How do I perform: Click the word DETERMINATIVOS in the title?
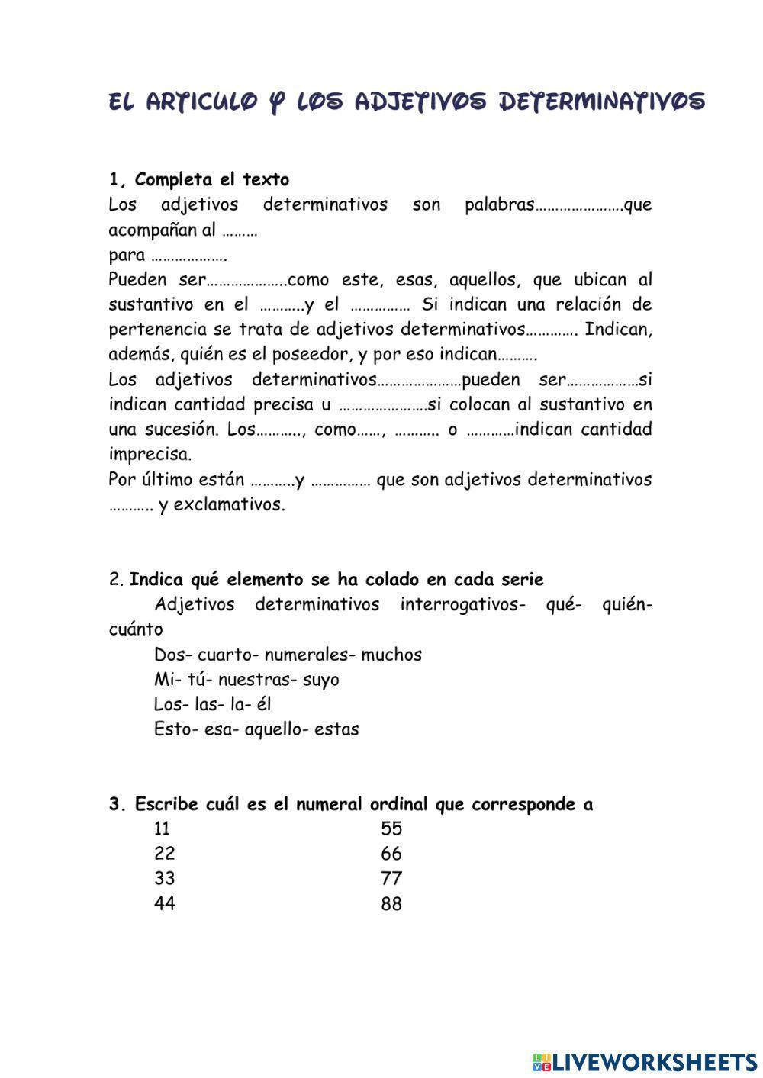pyautogui.click(x=601, y=101)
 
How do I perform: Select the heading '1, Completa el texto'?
pyautogui.click(x=199, y=180)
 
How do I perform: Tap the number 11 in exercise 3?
pyautogui.click(x=162, y=829)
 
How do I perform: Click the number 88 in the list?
pyautogui.click(x=391, y=904)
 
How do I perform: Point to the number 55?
pyautogui.click(x=391, y=829)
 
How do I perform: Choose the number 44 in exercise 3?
pyautogui.click(x=164, y=904)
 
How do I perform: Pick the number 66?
pyautogui.click(x=391, y=854)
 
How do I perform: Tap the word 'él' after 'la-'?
pyautogui.click(x=263, y=704)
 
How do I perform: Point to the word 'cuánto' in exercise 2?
pyautogui.click(x=135, y=629)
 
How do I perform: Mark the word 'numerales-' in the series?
pyautogui.click(x=310, y=655)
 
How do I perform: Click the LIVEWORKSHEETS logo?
pyautogui.click(x=644, y=1060)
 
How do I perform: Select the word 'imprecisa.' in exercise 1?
pyautogui.click(x=150, y=455)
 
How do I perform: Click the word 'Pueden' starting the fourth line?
pyautogui.click(x=134, y=280)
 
